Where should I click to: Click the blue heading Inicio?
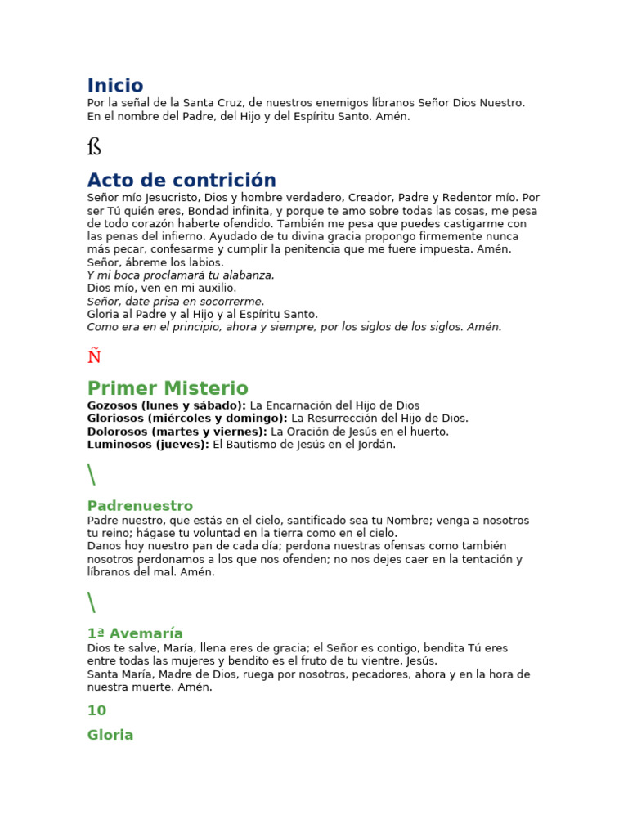pyautogui.click(x=115, y=86)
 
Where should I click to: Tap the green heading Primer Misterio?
pyautogui.click(x=168, y=388)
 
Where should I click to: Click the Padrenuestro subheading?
pyautogui.click(x=140, y=506)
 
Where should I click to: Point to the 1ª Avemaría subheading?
pyautogui.click(x=135, y=633)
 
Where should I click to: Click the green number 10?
pyautogui.click(x=96, y=710)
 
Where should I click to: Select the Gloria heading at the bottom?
pyautogui.click(x=110, y=735)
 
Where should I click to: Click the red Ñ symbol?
pyautogui.click(x=94, y=356)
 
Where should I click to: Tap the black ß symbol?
pyautogui.click(x=94, y=147)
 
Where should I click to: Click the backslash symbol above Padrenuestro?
pyautogui.click(x=91, y=475)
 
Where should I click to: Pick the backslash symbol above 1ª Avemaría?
pyautogui.click(x=91, y=602)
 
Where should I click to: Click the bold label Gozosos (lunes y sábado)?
pyautogui.click(x=167, y=405)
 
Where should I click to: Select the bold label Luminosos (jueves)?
pyautogui.click(x=148, y=445)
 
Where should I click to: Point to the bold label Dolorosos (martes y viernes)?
pyautogui.click(x=177, y=432)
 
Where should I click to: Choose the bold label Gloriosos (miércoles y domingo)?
pyautogui.click(x=187, y=418)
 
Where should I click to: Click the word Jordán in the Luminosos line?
pyautogui.click(x=376, y=445)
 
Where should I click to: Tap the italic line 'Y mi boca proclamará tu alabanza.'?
pyautogui.click(x=181, y=275)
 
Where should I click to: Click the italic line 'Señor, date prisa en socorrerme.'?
pyautogui.click(x=176, y=302)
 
